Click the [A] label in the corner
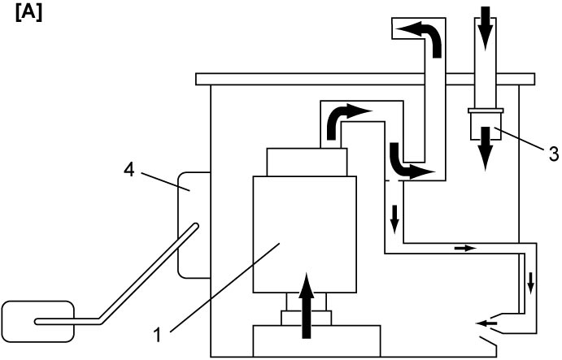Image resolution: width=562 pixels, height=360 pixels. coord(28,14)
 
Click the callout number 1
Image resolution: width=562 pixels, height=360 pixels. coord(157,335)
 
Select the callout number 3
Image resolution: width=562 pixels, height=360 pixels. coord(553,154)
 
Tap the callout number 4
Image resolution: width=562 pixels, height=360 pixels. coord(129,169)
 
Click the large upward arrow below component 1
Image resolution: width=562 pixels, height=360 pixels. coord(307,306)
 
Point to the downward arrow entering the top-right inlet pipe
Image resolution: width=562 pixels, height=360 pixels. coord(485,28)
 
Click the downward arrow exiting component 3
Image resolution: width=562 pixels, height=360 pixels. coord(486,148)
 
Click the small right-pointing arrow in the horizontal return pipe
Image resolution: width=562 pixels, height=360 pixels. coord(465,248)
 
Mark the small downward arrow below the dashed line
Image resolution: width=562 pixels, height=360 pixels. coord(394,219)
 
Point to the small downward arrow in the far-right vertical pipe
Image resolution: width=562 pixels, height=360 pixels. coord(530,284)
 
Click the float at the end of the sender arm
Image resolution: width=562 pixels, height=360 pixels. coord(38,321)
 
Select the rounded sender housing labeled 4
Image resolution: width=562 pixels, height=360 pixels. coord(194,225)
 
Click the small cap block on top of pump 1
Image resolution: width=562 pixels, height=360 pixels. coord(307,162)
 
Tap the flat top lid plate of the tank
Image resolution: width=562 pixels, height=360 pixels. coord(365,79)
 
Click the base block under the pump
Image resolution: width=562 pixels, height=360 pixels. coord(316,340)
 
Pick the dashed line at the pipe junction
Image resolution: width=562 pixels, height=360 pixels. coord(394,180)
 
